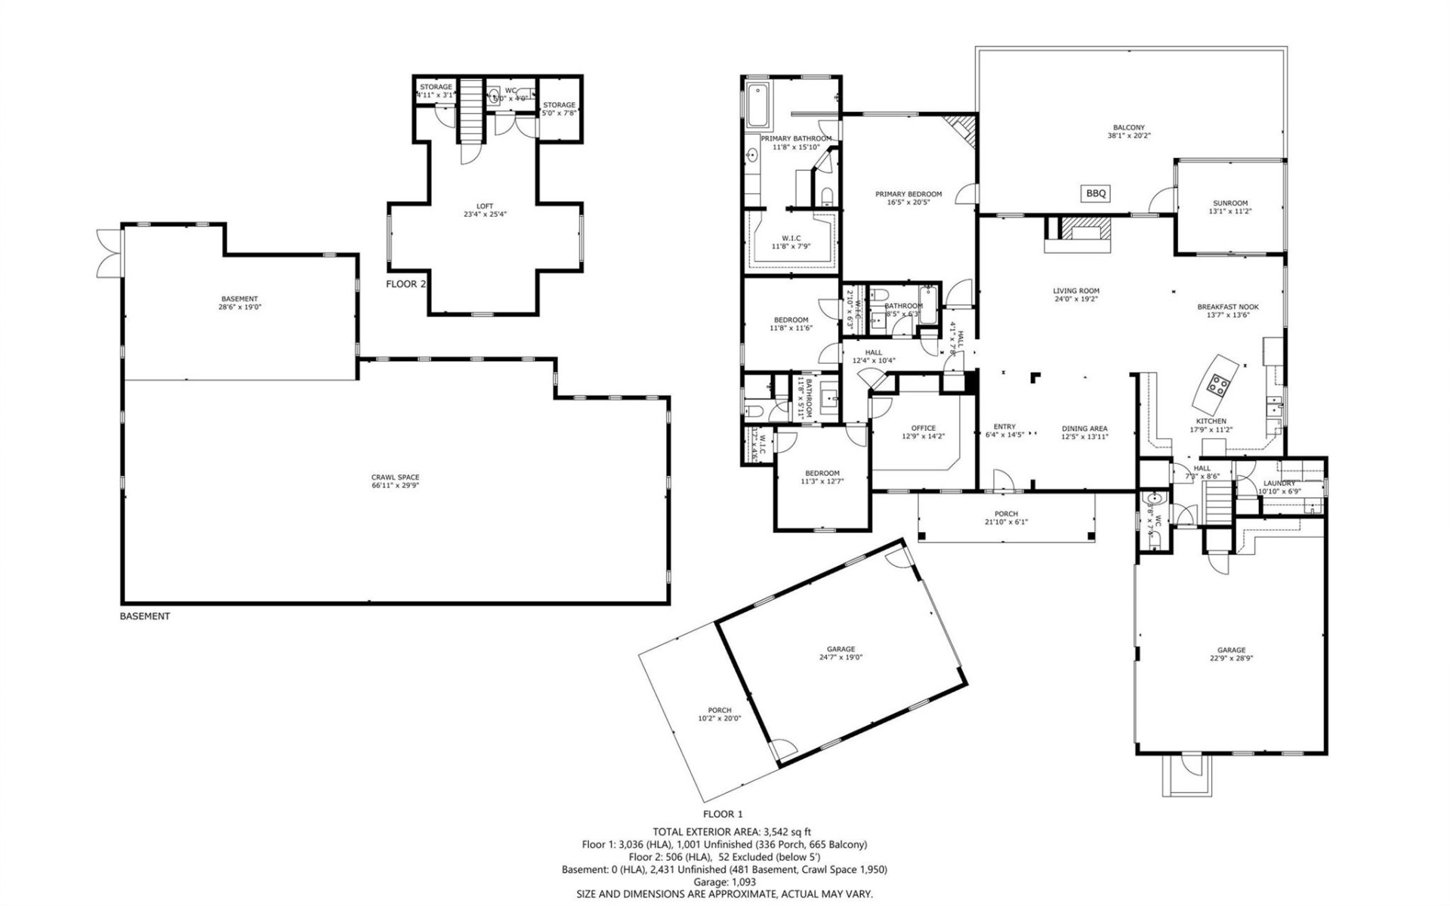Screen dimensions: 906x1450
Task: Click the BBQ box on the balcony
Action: pyautogui.click(x=1096, y=193)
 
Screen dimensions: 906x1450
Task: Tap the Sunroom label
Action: pyautogui.click(x=1230, y=203)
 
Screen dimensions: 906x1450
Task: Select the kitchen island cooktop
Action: pyautogui.click(x=1217, y=385)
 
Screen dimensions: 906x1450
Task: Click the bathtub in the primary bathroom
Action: pyautogui.click(x=757, y=106)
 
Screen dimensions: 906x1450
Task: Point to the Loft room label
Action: pyautogui.click(x=485, y=206)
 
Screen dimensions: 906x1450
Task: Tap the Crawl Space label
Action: pyautogui.click(x=395, y=477)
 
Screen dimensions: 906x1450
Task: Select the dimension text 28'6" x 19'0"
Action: pyautogui.click(x=239, y=308)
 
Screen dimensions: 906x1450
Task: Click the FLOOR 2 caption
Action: pyautogui.click(x=406, y=284)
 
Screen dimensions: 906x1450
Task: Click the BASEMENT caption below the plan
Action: pyautogui.click(x=145, y=616)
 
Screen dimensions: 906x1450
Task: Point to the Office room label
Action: pyautogui.click(x=923, y=428)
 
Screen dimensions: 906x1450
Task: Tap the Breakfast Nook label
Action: pyautogui.click(x=1227, y=307)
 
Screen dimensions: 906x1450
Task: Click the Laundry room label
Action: pyautogui.click(x=1279, y=483)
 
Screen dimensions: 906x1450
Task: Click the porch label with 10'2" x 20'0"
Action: pyautogui.click(x=719, y=714)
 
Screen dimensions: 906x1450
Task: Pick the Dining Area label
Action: pyautogui.click(x=1084, y=428)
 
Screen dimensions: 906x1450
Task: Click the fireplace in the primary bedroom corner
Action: pyautogui.click(x=964, y=128)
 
